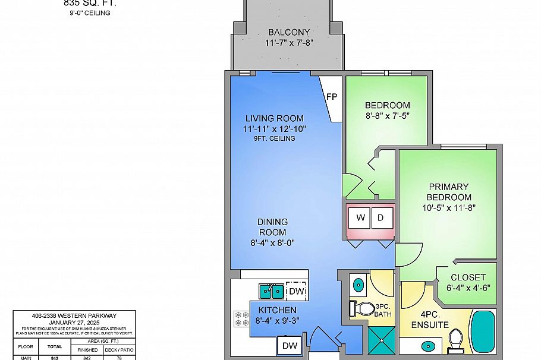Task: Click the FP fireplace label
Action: [x=332, y=96]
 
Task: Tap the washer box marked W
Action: [x=360, y=218]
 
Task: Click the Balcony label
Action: [x=288, y=32]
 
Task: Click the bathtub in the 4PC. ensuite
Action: [x=483, y=333]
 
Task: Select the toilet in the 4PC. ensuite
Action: [x=457, y=340]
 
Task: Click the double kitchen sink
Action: [x=271, y=291]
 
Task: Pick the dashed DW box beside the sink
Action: [x=296, y=291]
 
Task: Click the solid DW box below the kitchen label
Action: [x=290, y=345]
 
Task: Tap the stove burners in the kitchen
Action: [x=241, y=318]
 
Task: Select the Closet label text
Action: [x=468, y=277]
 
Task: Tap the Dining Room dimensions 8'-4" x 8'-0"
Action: [x=272, y=242]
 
